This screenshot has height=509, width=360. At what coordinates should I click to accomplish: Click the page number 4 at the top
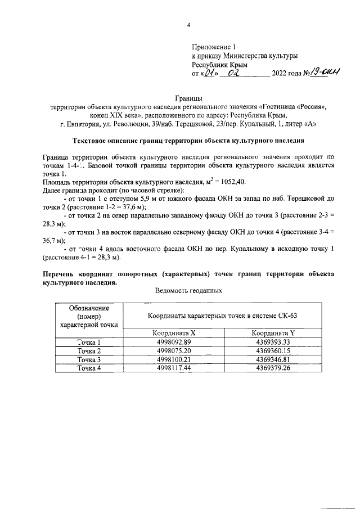point(188,25)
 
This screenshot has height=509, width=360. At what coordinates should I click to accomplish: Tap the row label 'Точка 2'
point(89,351)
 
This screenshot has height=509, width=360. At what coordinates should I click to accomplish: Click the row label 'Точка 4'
point(89,368)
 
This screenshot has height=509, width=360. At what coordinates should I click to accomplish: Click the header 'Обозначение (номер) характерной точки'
point(89,316)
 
